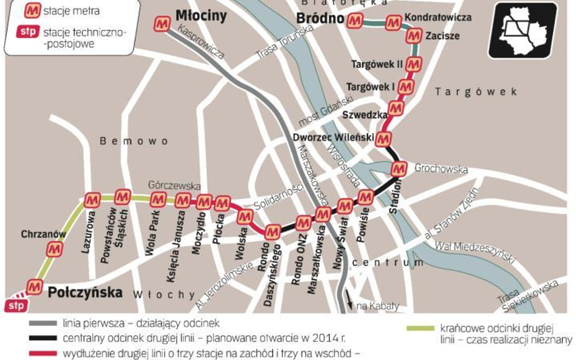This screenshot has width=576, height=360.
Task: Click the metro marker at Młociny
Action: coord(162,23)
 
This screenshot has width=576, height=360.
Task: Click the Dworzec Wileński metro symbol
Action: coord(383,139)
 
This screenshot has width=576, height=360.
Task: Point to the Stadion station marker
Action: coord(399,168)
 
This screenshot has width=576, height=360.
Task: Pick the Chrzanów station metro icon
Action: coord(55,248)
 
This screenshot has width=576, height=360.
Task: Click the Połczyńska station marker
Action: coord(35,286)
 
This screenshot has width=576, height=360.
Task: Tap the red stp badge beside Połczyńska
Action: coord(15,306)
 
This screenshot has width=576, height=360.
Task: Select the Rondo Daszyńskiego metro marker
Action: coord(273,231)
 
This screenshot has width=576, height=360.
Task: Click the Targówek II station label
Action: coord(377,64)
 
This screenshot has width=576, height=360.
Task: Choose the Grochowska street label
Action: coord(441,169)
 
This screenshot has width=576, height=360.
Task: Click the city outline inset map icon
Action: coord(522,30)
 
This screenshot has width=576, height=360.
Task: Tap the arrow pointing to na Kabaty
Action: coord(350,304)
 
